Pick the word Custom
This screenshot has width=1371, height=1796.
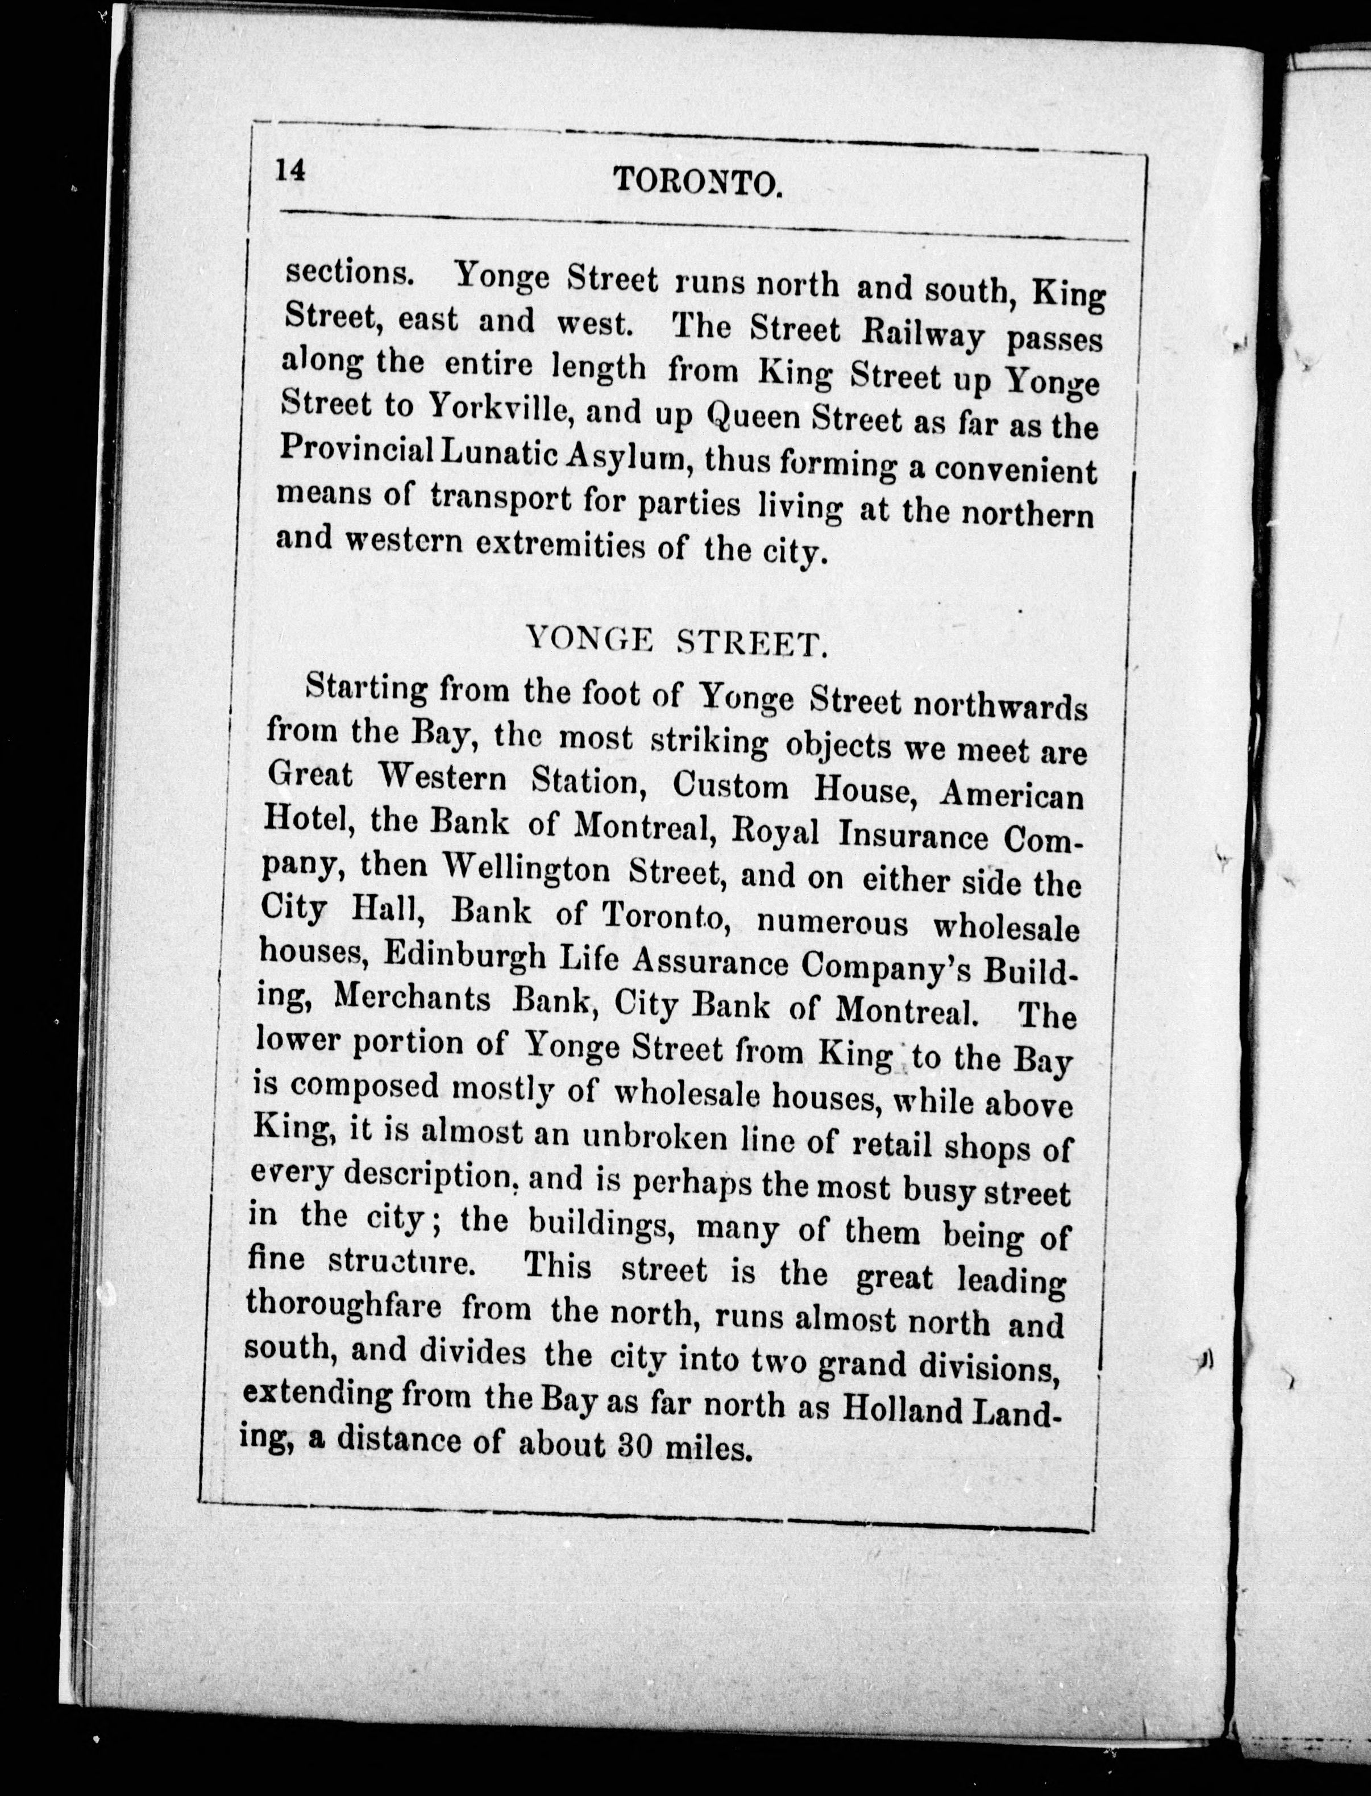730,786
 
